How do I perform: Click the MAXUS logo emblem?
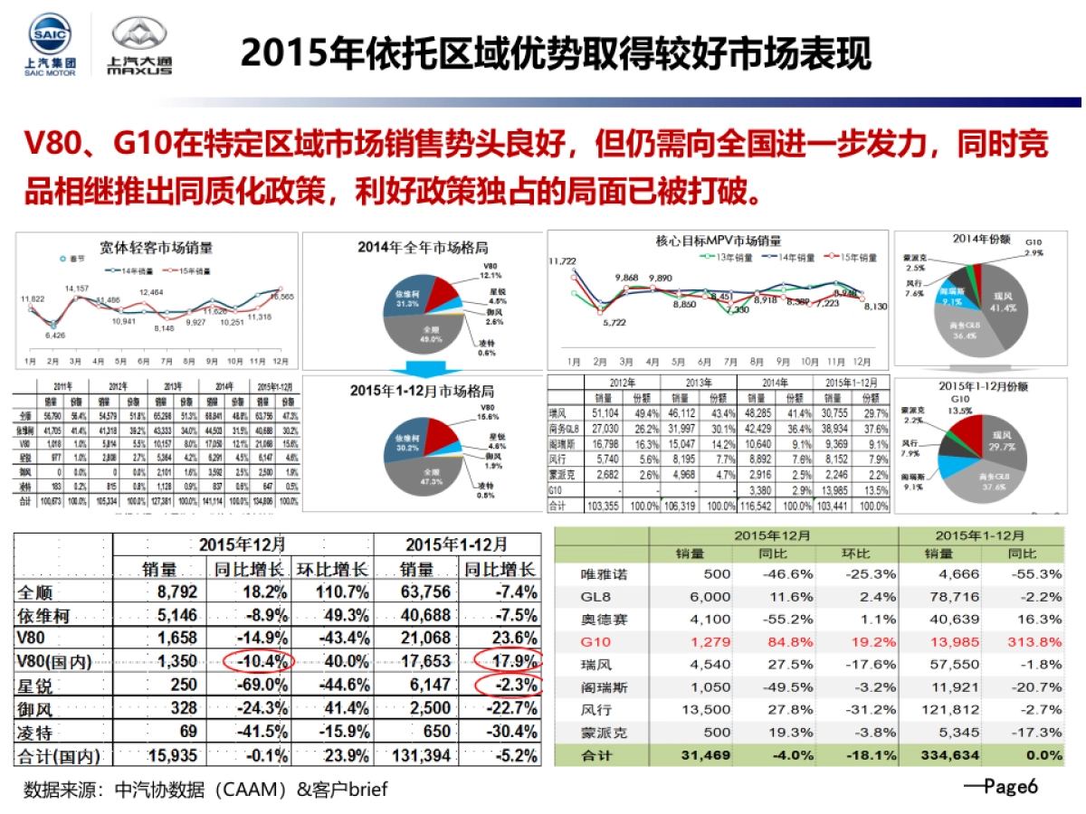139,37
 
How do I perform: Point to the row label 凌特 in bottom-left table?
40,731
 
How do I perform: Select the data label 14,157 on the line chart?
77,289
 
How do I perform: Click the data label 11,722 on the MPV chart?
563,261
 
